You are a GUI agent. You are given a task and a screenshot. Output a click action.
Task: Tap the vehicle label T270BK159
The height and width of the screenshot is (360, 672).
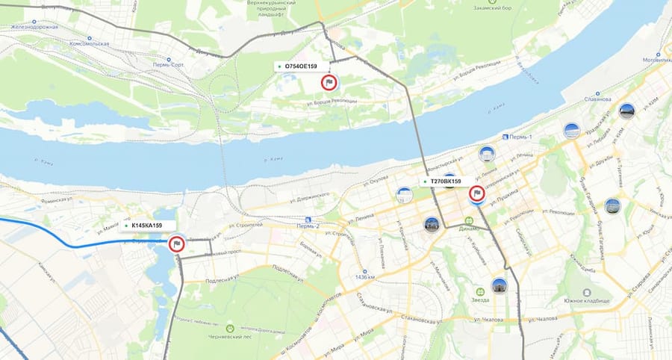click(445, 181)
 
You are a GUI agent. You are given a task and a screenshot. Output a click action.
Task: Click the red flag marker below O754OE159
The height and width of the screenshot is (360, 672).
click(328, 83)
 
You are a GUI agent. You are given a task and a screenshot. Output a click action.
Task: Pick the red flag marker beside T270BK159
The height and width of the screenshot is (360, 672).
click(476, 194)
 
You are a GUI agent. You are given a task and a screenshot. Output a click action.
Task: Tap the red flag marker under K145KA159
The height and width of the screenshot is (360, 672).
click(177, 243)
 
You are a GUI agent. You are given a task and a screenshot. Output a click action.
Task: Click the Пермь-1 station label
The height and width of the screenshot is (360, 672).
click(520, 137)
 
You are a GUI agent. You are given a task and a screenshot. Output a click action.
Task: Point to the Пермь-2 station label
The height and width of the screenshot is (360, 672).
click(307, 226)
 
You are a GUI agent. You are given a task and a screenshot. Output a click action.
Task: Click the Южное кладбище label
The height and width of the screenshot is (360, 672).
click(587, 300)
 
